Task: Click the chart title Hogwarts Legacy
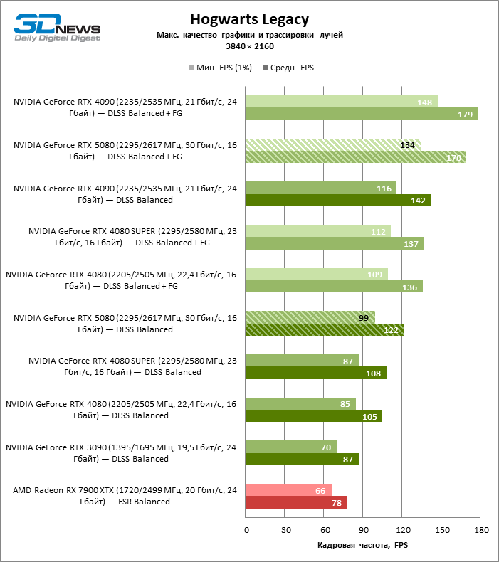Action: [x=249, y=19]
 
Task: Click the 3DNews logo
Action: [x=58, y=26]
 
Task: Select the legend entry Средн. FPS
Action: [x=288, y=68]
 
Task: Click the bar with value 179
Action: [x=362, y=115]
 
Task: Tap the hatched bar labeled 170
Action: [x=355, y=157]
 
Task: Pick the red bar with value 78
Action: [x=296, y=502]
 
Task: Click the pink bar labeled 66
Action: [x=288, y=489]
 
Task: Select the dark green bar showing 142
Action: [x=338, y=201]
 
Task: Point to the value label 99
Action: [x=364, y=317]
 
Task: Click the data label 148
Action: [x=425, y=102]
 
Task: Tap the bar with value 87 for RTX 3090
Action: [x=302, y=459]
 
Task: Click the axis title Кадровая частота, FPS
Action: [x=362, y=545]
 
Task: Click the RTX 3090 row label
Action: [x=121, y=453]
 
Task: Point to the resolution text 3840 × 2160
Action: [x=249, y=46]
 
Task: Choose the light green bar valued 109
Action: [x=316, y=274]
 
